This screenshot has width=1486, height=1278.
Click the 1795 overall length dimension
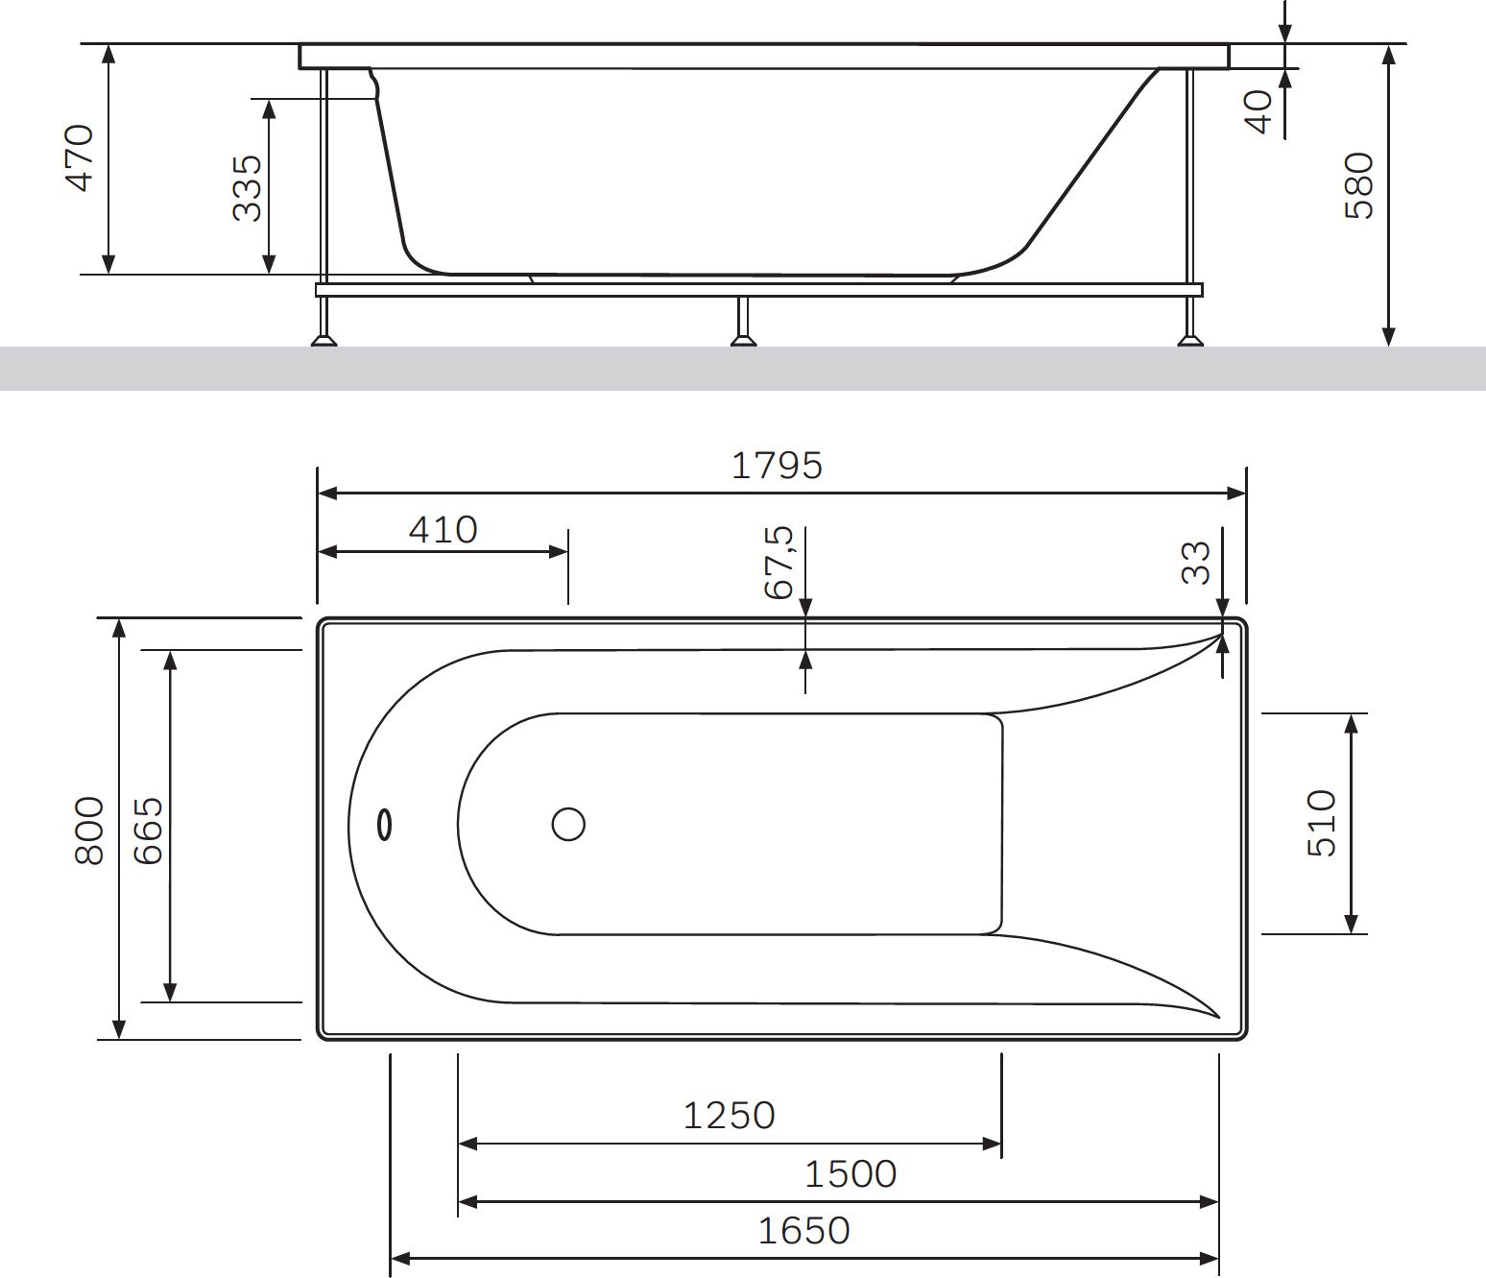(777, 466)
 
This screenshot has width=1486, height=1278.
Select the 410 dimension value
(443, 530)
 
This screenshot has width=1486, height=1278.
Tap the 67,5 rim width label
(779, 563)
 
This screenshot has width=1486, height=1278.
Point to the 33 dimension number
(1196, 563)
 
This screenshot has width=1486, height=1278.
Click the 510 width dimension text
(1322, 823)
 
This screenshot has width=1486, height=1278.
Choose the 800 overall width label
(89, 830)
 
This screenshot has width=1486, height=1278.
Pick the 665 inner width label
(148, 830)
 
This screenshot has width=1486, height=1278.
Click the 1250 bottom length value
(729, 1116)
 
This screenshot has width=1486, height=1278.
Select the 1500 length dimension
(850, 1173)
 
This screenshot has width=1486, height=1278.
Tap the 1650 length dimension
(803, 1230)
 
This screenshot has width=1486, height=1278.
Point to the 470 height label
(80, 158)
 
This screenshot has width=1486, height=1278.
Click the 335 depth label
(248, 187)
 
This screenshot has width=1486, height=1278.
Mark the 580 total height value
(1359, 185)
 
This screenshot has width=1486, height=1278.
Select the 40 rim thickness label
(1258, 111)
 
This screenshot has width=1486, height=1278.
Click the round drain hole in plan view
(568, 824)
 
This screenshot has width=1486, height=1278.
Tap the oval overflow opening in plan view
(385, 825)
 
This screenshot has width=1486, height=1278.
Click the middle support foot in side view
(743, 337)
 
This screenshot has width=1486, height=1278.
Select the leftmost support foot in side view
(324, 337)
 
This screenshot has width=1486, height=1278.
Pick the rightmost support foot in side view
(1190, 337)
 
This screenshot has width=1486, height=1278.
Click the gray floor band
(743, 369)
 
